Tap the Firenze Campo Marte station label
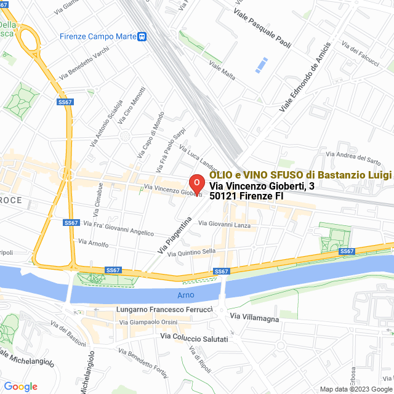click(98, 36)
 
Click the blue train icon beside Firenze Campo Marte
click(142, 36)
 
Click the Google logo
click(20, 386)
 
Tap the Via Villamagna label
click(254, 318)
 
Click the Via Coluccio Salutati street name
click(194, 338)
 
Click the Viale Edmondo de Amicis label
click(305, 77)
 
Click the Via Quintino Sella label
click(191, 252)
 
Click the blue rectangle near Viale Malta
click(262, 65)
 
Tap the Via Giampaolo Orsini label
click(148, 322)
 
